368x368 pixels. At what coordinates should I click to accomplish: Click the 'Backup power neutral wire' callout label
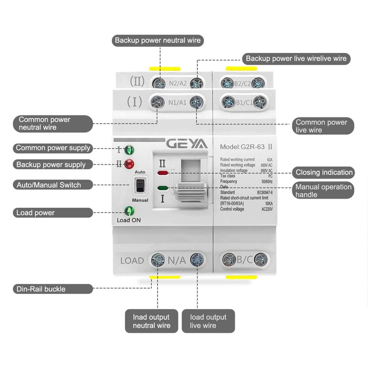[x=158, y=40]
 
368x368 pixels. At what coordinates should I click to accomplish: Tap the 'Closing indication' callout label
[x=324, y=172]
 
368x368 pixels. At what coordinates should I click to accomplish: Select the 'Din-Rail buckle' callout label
[x=41, y=289]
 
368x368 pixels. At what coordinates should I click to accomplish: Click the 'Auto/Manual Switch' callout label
[x=48, y=185]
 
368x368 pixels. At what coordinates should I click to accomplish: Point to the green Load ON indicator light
[x=129, y=212]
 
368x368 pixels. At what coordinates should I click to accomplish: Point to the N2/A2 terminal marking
[x=178, y=84]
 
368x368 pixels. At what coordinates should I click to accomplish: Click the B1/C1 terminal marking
[x=244, y=102]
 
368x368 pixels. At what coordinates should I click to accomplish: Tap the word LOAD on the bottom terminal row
[x=132, y=260]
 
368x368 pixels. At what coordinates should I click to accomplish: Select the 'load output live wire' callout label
[x=208, y=321]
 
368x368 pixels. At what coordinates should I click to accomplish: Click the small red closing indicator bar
[x=163, y=174]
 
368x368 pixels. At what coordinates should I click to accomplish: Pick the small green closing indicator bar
[x=163, y=188]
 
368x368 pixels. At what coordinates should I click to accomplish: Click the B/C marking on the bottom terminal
[x=244, y=260]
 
